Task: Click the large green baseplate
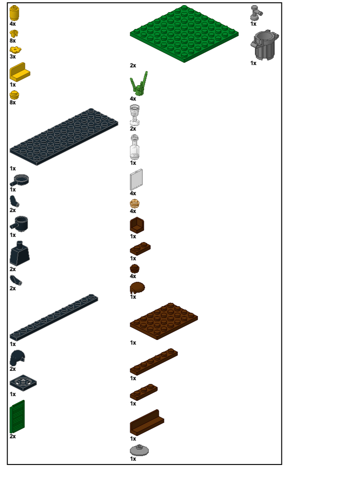(x=184, y=34)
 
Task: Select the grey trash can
(x=265, y=45)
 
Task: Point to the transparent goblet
(x=135, y=115)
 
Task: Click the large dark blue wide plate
(x=64, y=136)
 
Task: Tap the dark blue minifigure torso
(x=19, y=254)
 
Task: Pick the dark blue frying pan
(x=21, y=179)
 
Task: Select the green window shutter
(x=17, y=416)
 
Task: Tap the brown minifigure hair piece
(x=137, y=288)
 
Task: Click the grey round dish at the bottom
(x=139, y=450)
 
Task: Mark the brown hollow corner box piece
(x=137, y=225)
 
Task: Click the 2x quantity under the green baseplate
(x=133, y=66)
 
